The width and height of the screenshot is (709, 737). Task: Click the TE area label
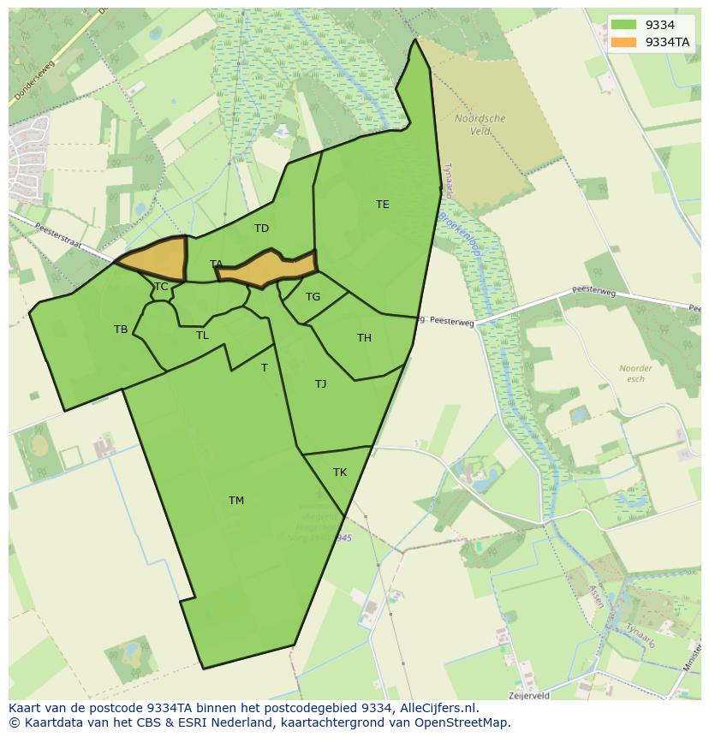[383, 205]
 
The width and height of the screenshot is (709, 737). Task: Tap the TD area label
[262, 229]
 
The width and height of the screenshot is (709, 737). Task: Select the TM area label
[236, 501]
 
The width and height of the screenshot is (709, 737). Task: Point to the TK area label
[340, 473]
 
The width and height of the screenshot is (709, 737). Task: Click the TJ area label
[320, 384]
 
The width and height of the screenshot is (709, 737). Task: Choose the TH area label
[364, 338]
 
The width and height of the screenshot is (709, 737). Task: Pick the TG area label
[313, 297]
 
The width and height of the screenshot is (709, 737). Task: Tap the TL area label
[202, 336]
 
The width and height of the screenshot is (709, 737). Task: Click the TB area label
[121, 330]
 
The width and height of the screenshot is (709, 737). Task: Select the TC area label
[161, 287]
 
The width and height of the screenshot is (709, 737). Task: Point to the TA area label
[216, 264]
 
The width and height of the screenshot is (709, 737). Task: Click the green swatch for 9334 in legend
[624, 25]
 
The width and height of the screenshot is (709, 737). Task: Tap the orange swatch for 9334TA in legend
[624, 42]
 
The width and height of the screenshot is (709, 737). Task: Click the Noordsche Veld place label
[480, 125]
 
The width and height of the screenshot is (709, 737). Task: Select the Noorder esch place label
[635, 373]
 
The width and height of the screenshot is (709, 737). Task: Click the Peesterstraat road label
[60, 237]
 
